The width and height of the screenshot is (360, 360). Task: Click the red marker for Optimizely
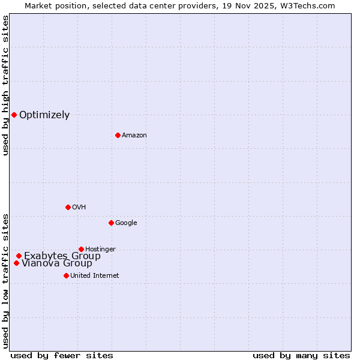click(x=14, y=115)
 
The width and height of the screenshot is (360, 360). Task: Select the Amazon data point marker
click(x=118, y=135)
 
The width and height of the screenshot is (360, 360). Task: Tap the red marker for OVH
click(x=68, y=207)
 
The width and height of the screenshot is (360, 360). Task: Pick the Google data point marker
click(x=111, y=223)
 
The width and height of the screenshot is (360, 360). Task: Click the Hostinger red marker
click(x=81, y=249)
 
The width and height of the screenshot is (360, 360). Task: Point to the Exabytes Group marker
click(x=19, y=256)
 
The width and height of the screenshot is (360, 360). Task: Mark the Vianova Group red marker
click(x=16, y=263)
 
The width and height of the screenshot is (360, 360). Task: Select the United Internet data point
click(x=66, y=275)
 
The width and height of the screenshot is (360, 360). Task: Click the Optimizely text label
click(x=44, y=115)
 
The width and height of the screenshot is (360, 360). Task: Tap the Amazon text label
click(x=134, y=136)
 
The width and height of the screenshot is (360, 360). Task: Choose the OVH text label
click(x=79, y=208)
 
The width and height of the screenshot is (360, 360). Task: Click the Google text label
click(x=126, y=223)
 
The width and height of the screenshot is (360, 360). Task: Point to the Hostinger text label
click(x=100, y=250)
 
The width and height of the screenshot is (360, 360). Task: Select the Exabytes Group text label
click(x=62, y=256)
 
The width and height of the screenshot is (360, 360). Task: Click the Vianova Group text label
click(x=57, y=263)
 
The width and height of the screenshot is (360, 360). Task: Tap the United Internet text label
click(x=94, y=276)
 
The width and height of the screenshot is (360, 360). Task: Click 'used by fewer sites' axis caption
click(x=62, y=355)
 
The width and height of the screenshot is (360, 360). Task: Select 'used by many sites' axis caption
click(x=301, y=355)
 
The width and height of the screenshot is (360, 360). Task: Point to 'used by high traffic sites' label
click(x=5, y=85)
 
